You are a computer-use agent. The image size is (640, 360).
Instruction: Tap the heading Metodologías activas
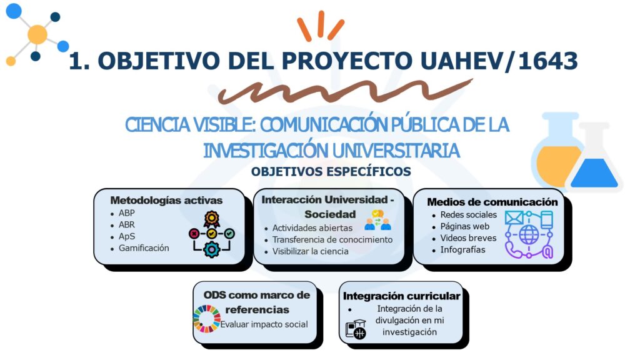click(x=166, y=201)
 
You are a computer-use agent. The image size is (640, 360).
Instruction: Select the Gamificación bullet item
click(x=144, y=248)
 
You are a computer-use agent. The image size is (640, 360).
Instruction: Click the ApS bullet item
click(x=127, y=236)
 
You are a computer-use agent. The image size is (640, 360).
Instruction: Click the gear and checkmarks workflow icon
click(x=212, y=234)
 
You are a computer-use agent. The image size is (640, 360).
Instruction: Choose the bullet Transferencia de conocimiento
click(x=332, y=239)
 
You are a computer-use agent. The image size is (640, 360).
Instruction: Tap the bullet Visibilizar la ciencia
click(x=310, y=251)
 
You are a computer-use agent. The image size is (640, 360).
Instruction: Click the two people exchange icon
click(x=377, y=218)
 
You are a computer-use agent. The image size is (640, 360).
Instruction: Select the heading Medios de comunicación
click(x=492, y=202)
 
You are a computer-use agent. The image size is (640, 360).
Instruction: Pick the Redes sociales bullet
click(x=468, y=214)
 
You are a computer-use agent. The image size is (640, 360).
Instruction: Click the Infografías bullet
click(x=462, y=250)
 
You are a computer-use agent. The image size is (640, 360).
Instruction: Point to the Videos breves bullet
click(x=468, y=238)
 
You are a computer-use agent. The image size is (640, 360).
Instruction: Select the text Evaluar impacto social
click(x=264, y=324)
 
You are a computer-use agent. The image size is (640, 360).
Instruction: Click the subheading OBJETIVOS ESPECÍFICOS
click(x=331, y=171)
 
